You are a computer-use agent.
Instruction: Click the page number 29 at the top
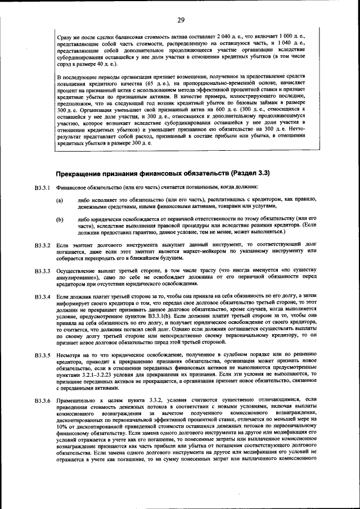point(181,21)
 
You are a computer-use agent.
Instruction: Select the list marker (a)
point(59,200)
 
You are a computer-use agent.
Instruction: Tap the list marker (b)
point(59,219)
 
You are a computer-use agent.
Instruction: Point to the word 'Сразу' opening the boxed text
point(66,37)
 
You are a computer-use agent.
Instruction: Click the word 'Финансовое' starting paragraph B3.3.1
point(73,187)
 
